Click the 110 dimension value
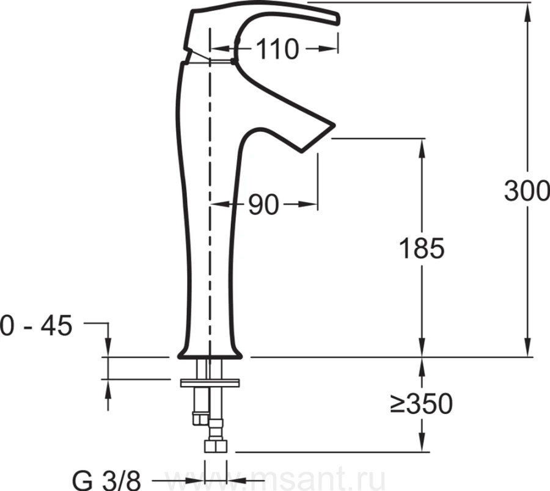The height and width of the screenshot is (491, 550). pos(277,49)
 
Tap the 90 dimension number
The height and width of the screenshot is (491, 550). pos(263,205)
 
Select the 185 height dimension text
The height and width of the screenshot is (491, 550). pos(422,248)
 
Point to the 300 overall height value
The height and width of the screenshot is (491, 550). pos(527,191)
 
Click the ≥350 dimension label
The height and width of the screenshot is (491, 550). pos(421,404)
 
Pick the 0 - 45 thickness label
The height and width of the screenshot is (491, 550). pos(36,326)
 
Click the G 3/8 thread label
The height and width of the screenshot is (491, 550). pos(106,480)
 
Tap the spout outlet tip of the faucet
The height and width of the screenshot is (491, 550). pos(317,139)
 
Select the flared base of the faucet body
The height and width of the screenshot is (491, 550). pos(210,353)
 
